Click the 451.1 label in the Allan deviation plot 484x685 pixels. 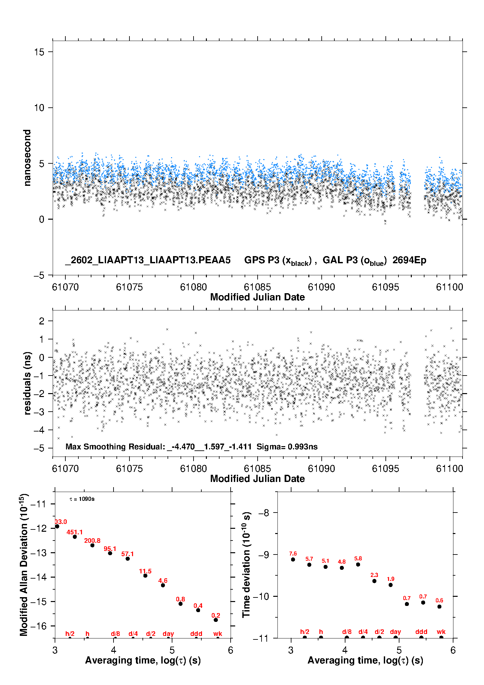[x=74, y=532]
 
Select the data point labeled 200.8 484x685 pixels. [x=92, y=545]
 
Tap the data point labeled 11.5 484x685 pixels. [x=145, y=576]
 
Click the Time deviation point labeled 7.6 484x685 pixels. [x=293, y=559]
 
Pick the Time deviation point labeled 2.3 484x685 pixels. [x=374, y=581]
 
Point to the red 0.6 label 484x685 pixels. [x=439, y=600]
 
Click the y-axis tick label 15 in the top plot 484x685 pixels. [x=39, y=52]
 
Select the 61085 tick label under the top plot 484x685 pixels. [x=257, y=287]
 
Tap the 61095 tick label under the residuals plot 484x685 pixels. [x=385, y=469]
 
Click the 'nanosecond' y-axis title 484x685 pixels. [x=27, y=158]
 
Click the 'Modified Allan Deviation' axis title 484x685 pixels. [x=24, y=565]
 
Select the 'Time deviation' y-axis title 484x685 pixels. [x=246, y=565]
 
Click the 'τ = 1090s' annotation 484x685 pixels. [x=82, y=499]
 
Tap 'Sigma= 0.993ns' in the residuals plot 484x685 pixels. [x=287, y=446]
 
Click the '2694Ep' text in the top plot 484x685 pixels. [x=409, y=260]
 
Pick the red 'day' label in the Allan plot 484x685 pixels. [x=168, y=634]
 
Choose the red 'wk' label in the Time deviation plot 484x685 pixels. [x=441, y=632]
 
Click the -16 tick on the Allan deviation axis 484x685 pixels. [x=39, y=626]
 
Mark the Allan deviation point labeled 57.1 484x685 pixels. [x=128, y=559]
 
